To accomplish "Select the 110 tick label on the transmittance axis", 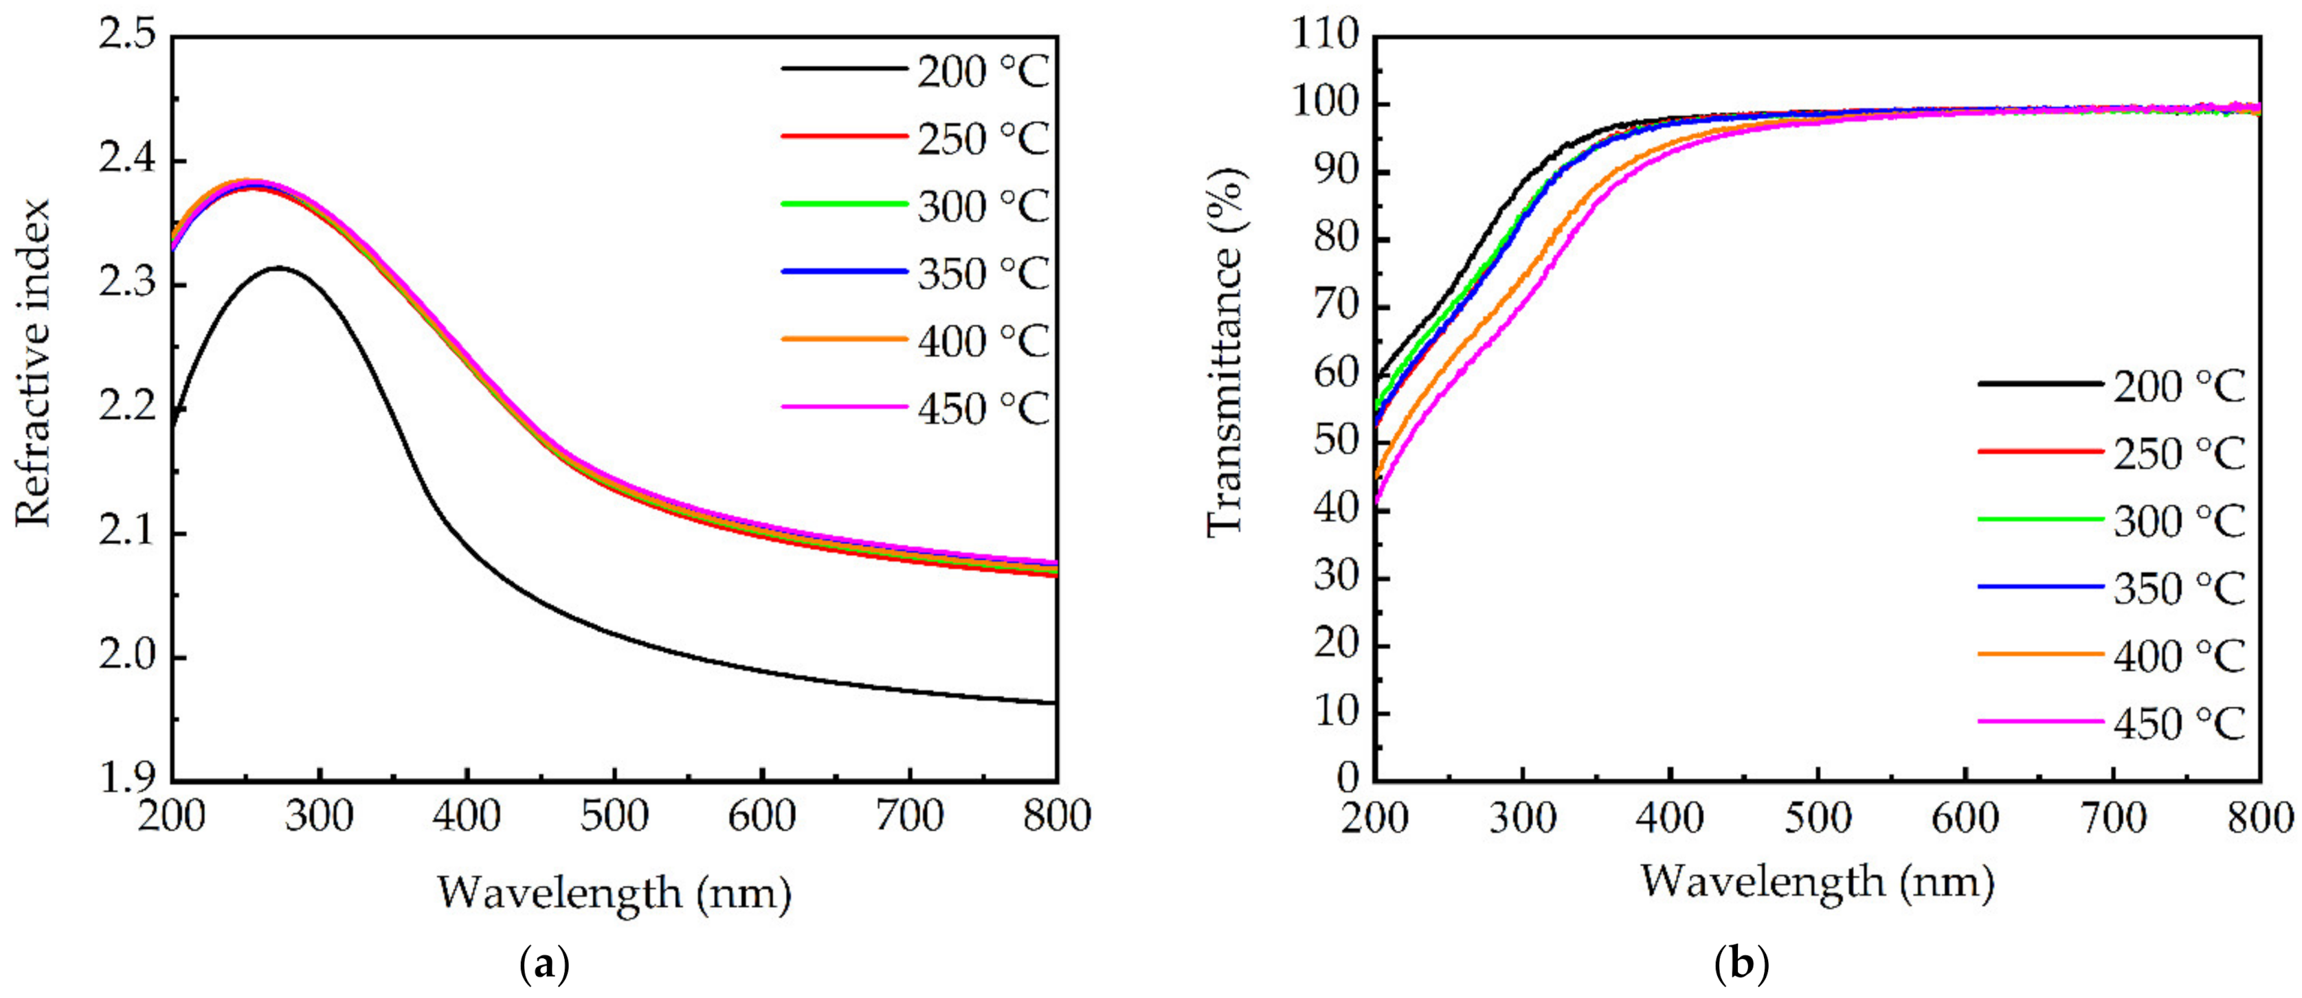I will coord(1324,38).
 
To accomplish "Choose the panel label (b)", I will coord(1743,966).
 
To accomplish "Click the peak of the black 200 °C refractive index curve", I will coord(279,267).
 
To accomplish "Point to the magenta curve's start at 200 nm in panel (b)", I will coord(1377,506).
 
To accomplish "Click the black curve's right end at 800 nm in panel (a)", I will coord(1055,702).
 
